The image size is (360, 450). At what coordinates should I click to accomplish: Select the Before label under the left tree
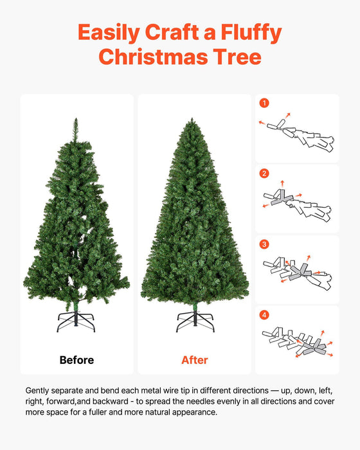click(x=76, y=360)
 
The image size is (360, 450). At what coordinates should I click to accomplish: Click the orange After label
click(x=194, y=360)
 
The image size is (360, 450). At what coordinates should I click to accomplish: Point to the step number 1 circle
click(x=264, y=103)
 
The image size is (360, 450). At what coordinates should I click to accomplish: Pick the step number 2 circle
click(x=264, y=174)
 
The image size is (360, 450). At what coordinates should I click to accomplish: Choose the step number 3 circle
click(x=264, y=244)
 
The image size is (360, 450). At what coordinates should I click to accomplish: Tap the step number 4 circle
click(x=264, y=315)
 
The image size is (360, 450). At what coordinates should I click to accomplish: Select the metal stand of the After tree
click(x=195, y=320)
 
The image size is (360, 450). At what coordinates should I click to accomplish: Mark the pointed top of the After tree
click(x=194, y=120)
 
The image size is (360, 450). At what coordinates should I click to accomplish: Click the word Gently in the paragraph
click(x=39, y=390)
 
